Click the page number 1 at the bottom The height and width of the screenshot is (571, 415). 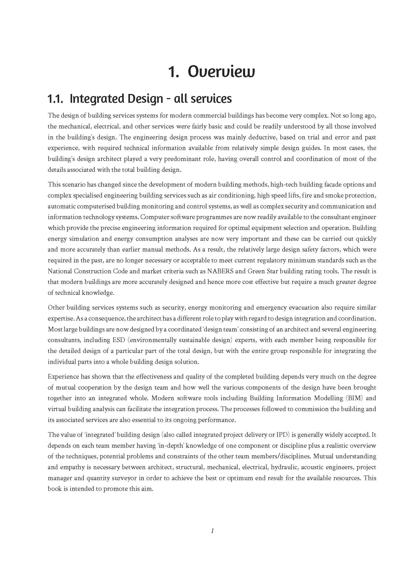(212, 531)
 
